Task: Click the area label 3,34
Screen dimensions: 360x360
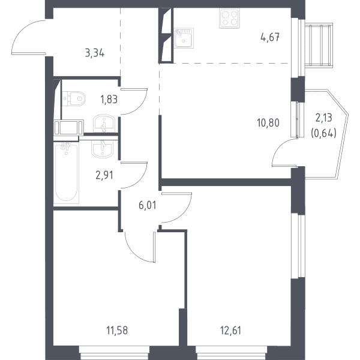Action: point(95,53)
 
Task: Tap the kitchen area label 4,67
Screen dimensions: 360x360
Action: point(270,37)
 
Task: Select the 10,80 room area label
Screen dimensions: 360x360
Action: point(268,123)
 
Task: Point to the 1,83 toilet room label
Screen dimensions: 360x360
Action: point(109,100)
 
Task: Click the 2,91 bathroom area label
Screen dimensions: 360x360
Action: point(104,175)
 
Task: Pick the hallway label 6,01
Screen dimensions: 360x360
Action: point(148,205)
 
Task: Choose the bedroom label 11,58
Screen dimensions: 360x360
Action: point(117,331)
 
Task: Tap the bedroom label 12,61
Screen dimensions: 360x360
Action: point(230,331)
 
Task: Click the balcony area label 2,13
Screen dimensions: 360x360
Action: point(324,118)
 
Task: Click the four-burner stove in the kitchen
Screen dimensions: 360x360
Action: point(229,18)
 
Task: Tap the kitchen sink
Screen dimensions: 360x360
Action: point(184,38)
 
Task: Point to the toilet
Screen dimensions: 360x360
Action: point(74,99)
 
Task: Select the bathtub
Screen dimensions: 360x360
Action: point(66,172)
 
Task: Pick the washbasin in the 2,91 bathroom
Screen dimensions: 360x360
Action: point(102,148)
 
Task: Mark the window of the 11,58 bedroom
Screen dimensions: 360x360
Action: point(115,353)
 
